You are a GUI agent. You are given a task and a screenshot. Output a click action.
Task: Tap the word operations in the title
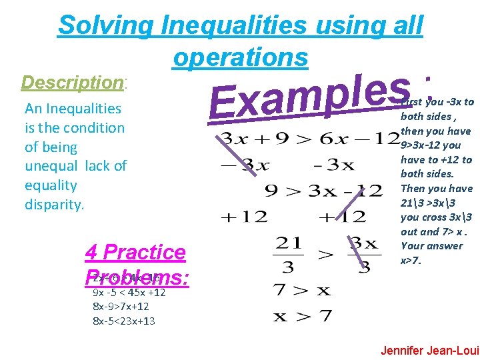point(240,57)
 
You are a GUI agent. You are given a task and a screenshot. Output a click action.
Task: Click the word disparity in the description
point(54,204)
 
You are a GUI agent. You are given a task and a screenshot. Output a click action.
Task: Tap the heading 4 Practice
point(135,252)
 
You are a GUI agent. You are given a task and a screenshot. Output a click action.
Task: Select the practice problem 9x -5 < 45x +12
point(129,292)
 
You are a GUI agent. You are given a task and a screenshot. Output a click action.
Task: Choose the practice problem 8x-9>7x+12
point(120,307)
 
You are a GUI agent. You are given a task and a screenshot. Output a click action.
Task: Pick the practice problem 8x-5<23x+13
point(123,321)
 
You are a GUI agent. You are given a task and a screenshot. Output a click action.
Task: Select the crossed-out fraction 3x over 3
point(363,253)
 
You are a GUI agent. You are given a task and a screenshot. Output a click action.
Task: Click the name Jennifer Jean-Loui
point(429,349)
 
